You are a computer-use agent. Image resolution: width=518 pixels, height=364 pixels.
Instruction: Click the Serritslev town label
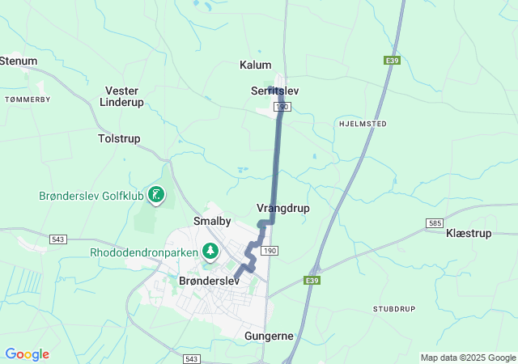click(275, 91)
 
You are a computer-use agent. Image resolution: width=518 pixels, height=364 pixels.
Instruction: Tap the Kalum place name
click(256, 65)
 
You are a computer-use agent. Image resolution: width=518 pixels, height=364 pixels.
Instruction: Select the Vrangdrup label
click(282, 208)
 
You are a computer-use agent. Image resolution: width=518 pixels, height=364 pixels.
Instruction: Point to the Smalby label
click(213, 220)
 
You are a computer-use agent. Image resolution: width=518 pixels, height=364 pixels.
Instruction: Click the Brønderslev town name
click(209, 280)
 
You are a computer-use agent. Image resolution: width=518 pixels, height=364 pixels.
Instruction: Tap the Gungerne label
click(269, 335)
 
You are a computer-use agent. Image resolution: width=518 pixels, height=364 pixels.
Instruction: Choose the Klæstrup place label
click(469, 233)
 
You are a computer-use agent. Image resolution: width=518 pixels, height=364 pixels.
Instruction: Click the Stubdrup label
click(393, 309)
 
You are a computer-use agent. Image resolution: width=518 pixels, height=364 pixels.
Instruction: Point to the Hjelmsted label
click(360, 124)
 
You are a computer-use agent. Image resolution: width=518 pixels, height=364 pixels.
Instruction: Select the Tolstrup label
click(119, 139)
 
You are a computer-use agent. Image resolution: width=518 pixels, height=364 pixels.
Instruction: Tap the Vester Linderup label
click(121, 96)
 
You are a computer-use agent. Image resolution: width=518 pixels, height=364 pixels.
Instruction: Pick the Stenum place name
click(18, 61)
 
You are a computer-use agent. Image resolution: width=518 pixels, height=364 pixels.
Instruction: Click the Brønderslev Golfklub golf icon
click(156, 194)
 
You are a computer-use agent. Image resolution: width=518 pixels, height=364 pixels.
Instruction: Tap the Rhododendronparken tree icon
click(210, 252)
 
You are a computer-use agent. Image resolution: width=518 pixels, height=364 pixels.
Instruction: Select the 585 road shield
click(435, 222)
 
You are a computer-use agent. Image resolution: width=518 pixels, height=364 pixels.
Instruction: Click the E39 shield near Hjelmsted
click(393, 60)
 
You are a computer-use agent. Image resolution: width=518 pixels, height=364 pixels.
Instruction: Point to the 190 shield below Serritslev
click(282, 107)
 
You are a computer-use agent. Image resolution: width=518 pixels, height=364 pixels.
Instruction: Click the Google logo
click(27, 354)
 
